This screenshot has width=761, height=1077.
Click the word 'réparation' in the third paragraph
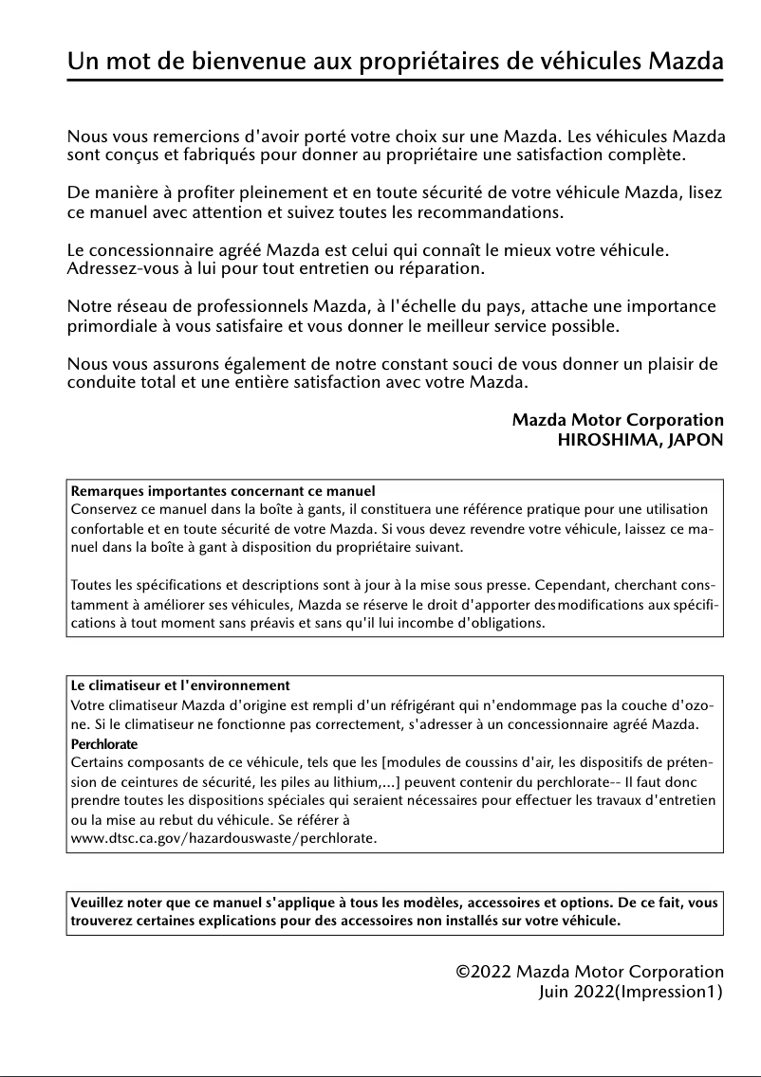(x=441, y=270)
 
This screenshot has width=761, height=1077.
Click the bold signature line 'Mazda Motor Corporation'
(x=618, y=420)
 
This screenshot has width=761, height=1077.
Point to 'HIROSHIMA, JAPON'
(x=640, y=440)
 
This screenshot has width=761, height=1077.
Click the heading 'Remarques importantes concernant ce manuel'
(x=223, y=491)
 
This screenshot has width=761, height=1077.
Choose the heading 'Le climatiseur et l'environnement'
(x=180, y=685)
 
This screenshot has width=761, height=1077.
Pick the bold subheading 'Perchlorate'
(x=104, y=743)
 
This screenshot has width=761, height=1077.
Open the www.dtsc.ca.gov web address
(x=224, y=839)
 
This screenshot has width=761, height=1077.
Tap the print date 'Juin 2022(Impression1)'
(x=630, y=992)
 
